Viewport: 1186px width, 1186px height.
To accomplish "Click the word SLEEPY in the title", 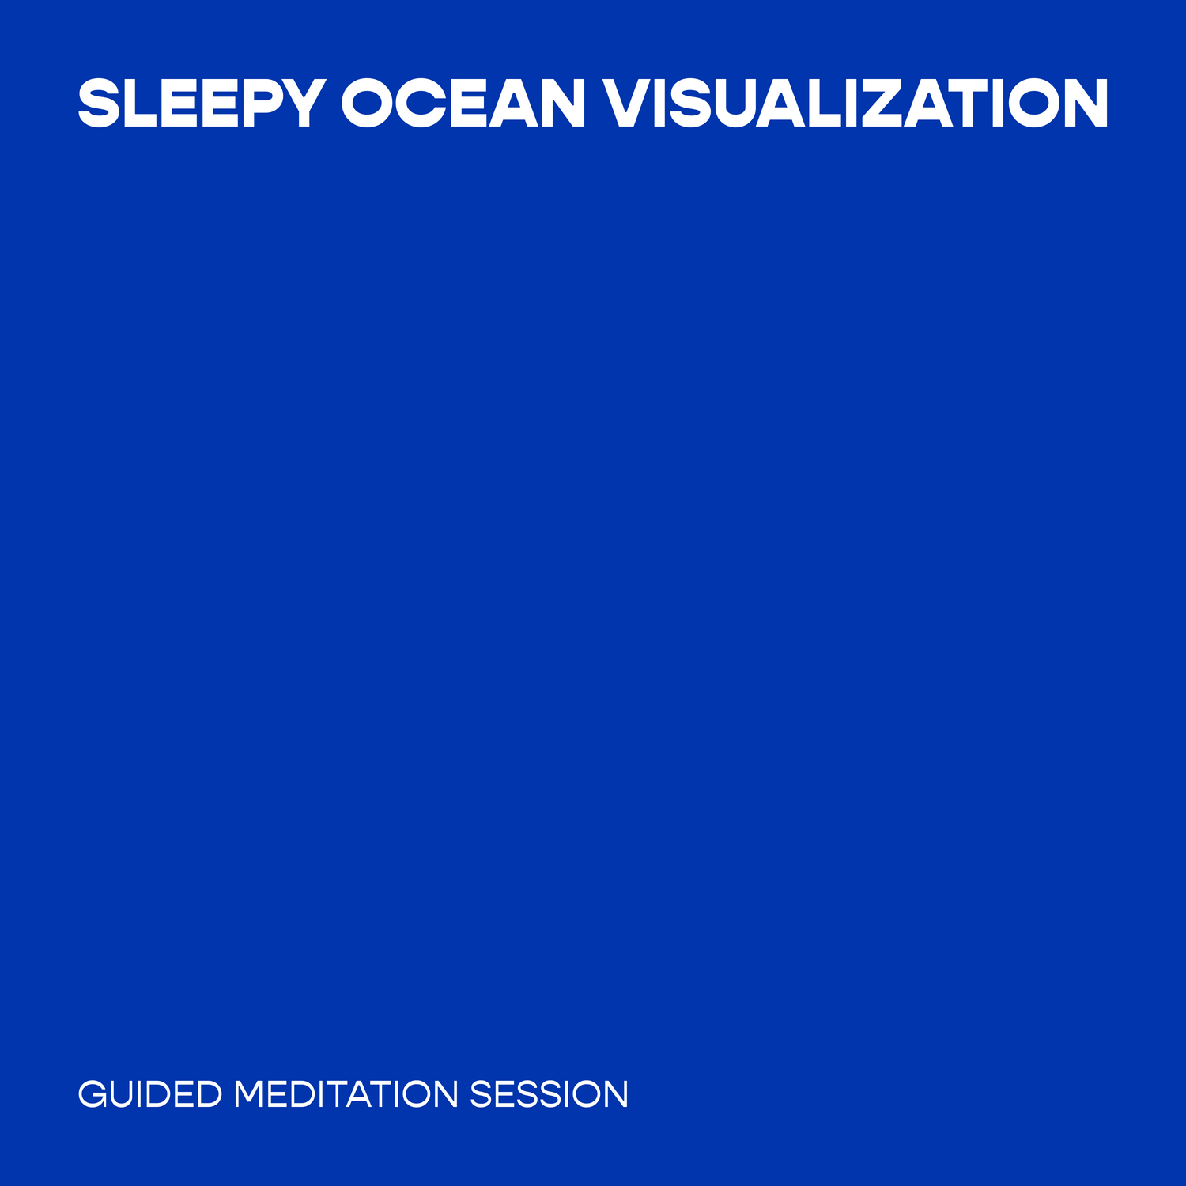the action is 202,103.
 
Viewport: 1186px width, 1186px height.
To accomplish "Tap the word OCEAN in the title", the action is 463,103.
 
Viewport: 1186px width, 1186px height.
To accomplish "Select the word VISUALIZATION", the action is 856,103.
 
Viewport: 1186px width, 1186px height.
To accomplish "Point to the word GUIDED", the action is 150,1094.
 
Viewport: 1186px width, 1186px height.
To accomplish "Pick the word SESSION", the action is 549,1094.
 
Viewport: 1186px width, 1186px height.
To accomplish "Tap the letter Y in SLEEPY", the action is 301,103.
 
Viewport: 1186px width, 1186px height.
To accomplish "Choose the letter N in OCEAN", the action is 562,103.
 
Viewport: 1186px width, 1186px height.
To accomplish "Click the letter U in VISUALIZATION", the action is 745,104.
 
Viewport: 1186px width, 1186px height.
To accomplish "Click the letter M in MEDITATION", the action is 251,1094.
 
